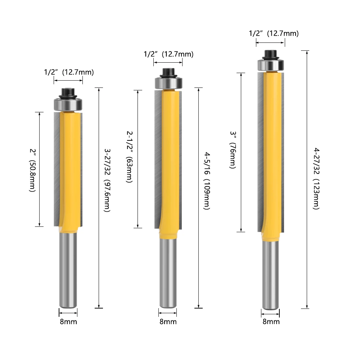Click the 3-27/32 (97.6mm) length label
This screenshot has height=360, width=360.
107,180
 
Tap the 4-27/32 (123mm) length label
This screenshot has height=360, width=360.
316,179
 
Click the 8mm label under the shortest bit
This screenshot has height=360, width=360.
68,321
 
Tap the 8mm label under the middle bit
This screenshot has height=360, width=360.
168,321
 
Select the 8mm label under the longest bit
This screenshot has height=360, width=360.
271,321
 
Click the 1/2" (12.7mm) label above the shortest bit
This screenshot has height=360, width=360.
69,72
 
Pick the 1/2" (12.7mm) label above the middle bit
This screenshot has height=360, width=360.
168,54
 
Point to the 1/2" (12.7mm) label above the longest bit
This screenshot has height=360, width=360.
274,33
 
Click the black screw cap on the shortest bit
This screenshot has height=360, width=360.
68,93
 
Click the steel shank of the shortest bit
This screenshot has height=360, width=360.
68,270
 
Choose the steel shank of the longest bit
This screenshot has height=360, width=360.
271,274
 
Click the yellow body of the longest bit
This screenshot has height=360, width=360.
271,151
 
